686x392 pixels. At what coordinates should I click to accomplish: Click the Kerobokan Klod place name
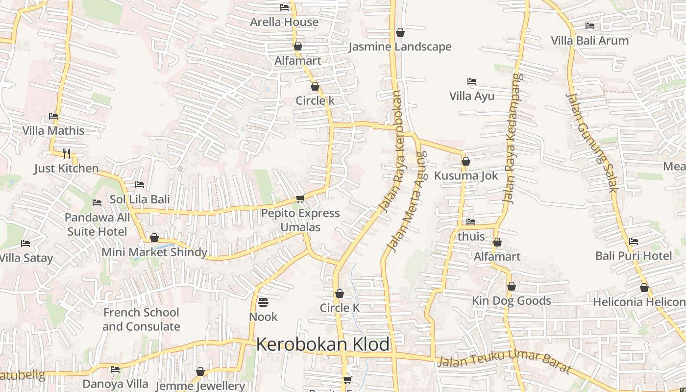pyautogui.click(x=323, y=344)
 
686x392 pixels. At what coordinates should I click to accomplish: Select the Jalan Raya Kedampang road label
pyautogui.click(x=512, y=139)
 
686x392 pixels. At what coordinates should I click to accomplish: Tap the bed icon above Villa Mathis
pyautogui.click(x=53, y=116)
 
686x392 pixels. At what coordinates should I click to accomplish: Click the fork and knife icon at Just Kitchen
pyautogui.click(x=67, y=153)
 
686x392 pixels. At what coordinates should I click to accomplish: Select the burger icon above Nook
pyautogui.click(x=263, y=302)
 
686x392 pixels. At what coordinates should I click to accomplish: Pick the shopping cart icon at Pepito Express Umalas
pyautogui.click(x=300, y=198)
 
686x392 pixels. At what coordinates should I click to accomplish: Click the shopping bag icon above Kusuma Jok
pyautogui.click(x=466, y=161)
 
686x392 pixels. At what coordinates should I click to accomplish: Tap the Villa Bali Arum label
pyautogui.click(x=589, y=41)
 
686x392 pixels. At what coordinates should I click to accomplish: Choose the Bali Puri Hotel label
pyautogui.click(x=634, y=256)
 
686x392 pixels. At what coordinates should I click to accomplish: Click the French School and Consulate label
pyautogui.click(x=141, y=319)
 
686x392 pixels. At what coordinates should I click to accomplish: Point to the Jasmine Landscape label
pyautogui.click(x=400, y=47)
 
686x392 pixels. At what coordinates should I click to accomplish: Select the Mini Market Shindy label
pyautogui.click(x=154, y=252)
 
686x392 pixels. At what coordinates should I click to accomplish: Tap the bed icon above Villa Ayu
pyautogui.click(x=472, y=81)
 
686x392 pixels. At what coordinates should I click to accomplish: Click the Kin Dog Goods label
pyautogui.click(x=511, y=300)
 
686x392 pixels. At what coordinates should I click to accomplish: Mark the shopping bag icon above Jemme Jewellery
pyautogui.click(x=200, y=372)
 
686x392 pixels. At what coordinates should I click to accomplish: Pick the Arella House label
pyautogui.click(x=284, y=22)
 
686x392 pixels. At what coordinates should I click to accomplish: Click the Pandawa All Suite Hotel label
pyautogui.click(x=97, y=224)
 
